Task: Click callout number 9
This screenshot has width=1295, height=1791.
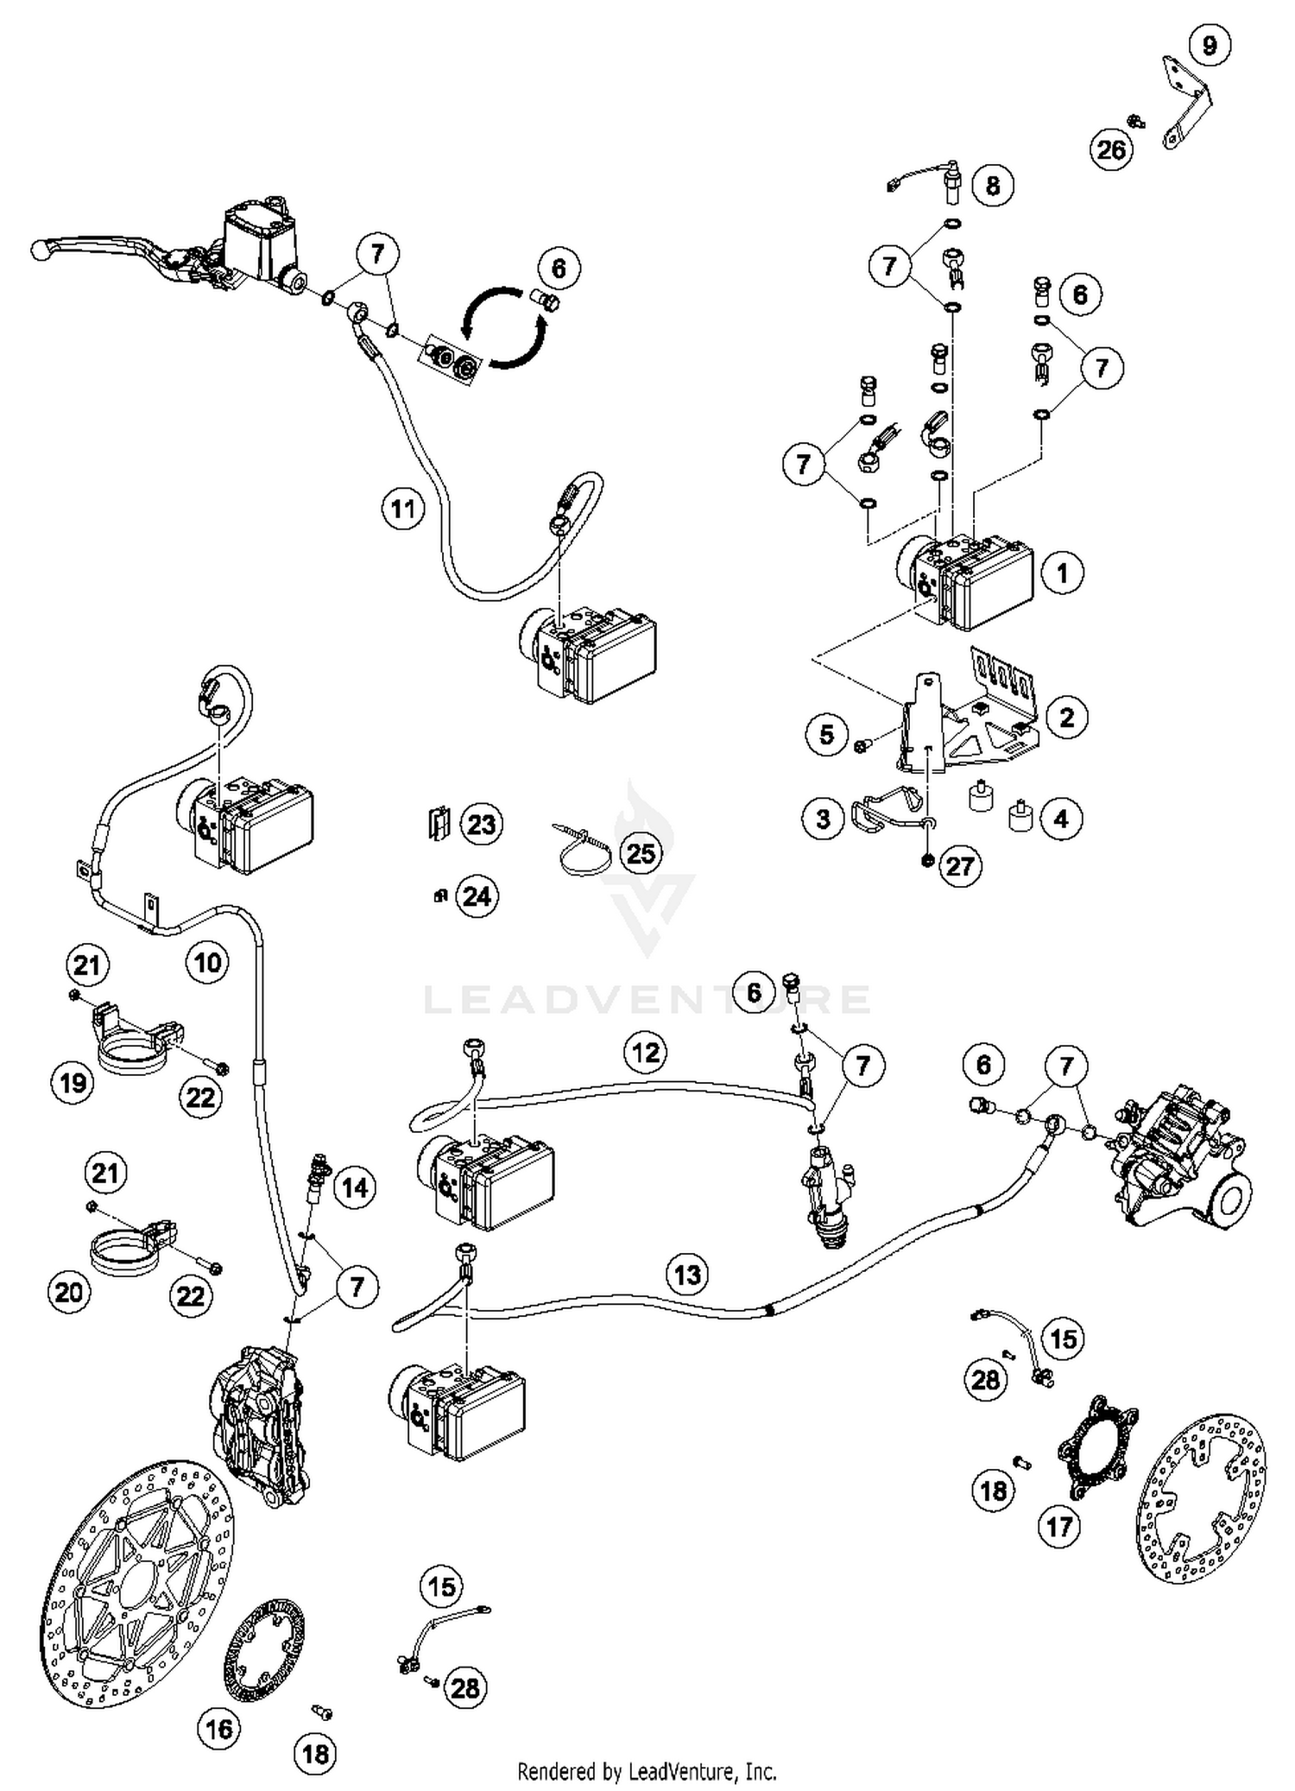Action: (x=1209, y=44)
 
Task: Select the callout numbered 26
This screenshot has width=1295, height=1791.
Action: (x=1111, y=149)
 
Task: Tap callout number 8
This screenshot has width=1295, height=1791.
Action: (x=992, y=186)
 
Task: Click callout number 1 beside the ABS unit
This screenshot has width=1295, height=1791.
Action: (x=1062, y=573)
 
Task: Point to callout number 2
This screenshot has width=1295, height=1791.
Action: (x=1066, y=717)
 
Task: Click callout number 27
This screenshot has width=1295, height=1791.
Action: (x=960, y=865)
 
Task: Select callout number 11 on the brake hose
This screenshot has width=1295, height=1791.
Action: (x=403, y=509)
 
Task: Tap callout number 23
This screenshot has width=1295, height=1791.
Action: (x=481, y=824)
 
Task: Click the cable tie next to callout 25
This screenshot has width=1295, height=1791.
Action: (x=583, y=851)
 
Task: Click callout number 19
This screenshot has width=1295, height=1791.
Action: (x=72, y=1081)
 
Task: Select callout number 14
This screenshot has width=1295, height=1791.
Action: (x=355, y=1187)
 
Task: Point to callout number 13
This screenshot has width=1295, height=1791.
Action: (x=687, y=1275)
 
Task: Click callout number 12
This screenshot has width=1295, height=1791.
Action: (x=646, y=1052)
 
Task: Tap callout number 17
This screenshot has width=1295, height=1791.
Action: (x=1058, y=1526)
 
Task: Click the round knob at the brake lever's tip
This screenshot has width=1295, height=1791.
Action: (x=38, y=250)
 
